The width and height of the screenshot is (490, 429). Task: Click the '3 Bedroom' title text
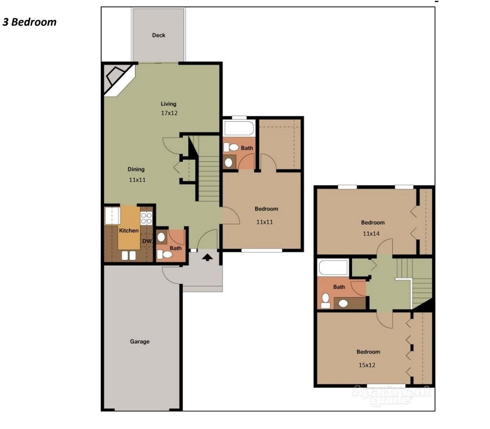[29, 22]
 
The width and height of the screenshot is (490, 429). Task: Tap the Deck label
[158, 35]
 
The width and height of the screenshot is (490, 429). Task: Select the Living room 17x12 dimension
[169, 113]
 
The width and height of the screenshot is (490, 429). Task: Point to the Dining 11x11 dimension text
[137, 180]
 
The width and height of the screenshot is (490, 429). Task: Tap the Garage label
[140, 341]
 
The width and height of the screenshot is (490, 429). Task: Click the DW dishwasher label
[147, 241]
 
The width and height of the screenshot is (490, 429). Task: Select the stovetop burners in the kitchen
[146, 218]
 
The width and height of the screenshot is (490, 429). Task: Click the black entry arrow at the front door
[207, 258]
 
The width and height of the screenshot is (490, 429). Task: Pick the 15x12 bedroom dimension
[367, 365]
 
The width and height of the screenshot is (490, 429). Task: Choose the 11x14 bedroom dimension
[371, 233]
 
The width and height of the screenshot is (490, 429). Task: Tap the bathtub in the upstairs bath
[333, 267]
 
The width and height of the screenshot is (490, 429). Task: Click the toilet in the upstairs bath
[325, 301]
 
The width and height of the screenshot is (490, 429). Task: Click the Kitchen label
[129, 231]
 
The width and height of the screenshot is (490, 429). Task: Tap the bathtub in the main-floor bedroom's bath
[239, 128]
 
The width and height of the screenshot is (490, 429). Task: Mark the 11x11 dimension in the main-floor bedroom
[265, 222]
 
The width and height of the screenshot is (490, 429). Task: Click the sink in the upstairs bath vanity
[343, 303]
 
